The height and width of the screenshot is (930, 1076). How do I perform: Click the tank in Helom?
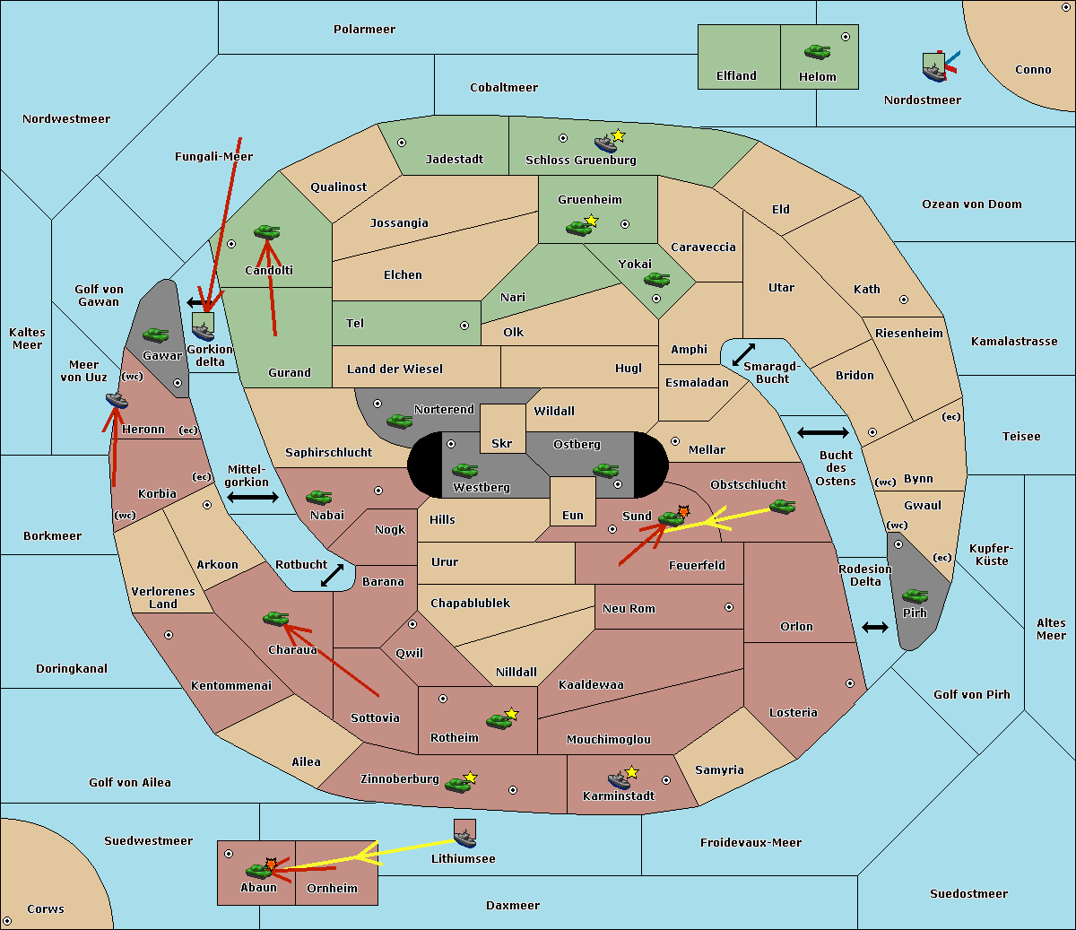[817, 52]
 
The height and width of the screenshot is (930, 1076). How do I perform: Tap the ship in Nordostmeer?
[933, 69]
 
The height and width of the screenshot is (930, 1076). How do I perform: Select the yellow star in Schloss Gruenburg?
[618, 135]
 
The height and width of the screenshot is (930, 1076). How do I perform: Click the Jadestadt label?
[454, 159]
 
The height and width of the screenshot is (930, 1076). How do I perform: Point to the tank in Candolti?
[266, 231]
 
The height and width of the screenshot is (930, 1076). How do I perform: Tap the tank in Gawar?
[156, 335]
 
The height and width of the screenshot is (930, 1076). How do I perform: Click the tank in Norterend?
[399, 421]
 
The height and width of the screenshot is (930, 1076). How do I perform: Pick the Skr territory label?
[502, 443]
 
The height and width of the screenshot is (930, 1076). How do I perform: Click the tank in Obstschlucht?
[782, 507]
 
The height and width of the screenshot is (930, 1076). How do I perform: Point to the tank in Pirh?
[915, 595]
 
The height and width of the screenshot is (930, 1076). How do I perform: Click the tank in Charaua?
[275, 618]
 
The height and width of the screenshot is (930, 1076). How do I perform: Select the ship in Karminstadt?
[619, 779]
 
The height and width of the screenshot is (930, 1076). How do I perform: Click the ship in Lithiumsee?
[464, 837]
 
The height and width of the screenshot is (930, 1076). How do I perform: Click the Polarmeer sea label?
[364, 30]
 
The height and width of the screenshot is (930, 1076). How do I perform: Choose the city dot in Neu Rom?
[729, 607]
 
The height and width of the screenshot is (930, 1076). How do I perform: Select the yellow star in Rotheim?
[512, 714]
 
